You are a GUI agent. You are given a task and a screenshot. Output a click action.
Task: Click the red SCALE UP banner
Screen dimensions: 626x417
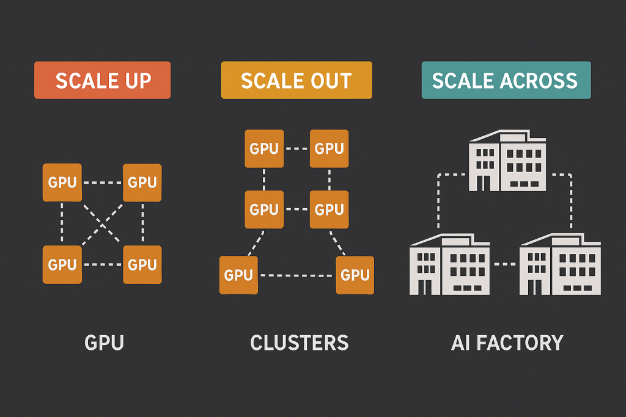[x=102, y=80]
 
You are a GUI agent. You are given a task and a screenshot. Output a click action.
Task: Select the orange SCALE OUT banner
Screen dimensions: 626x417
[x=296, y=80]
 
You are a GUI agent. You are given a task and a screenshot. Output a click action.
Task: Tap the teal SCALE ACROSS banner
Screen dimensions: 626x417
[x=506, y=80]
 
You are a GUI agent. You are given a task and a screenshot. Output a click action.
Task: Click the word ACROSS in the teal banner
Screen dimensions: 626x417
[x=539, y=81]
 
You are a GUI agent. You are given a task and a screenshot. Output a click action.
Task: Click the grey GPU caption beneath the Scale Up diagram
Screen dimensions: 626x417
[x=104, y=343]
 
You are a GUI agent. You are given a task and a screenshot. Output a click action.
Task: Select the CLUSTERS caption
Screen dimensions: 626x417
[x=300, y=343]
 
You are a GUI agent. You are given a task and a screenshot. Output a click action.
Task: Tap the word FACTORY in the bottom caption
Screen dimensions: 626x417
[x=520, y=343]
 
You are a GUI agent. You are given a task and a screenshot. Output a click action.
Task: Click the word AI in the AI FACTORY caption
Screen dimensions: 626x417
[x=460, y=343]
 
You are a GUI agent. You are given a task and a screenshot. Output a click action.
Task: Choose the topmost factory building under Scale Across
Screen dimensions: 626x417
[x=507, y=160]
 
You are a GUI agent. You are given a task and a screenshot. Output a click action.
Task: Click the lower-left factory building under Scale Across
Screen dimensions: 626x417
[x=449, y=264]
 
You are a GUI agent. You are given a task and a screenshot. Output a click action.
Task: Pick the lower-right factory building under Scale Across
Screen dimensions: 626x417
[x=560, y=264]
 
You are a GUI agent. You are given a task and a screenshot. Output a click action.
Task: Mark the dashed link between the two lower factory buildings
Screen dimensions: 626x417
[x=504, y=264]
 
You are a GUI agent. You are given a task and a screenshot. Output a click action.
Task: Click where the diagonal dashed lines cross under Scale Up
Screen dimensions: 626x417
[x=103, y=225]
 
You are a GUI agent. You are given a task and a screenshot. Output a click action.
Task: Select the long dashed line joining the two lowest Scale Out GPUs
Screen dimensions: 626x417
[x=296, y=275]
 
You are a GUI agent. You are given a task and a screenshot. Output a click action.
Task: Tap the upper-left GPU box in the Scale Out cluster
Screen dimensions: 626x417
[x=264, y=148]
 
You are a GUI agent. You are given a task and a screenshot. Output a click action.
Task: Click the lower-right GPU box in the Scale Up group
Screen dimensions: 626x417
[x=142, y=264]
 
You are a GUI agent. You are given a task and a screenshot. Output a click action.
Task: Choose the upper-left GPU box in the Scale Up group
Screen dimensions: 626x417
[x=62, y=182]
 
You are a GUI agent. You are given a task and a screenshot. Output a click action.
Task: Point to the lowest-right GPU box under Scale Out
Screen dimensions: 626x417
[x=355, y=275]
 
